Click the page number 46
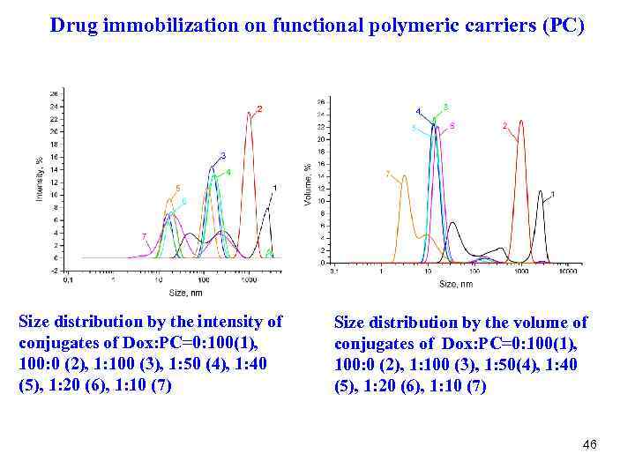(x=589, y=445)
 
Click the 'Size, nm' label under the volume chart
(x=456, y=284)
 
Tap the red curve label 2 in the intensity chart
(x=259, y=109)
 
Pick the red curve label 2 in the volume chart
(x=504, y=126)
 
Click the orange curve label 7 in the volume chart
(x=388, y=174)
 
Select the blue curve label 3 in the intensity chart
(x=223, y=156)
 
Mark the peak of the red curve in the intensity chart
(x=250, y=113)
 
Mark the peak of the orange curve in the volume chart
(x=404, y=176)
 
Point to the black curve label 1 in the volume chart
(x=552, y=193)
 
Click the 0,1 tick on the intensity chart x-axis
(x=66, y=280)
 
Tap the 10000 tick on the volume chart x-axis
(x=568, y=272)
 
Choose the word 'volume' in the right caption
(x=543, y=323)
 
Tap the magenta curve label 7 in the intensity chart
(x=144, y=236)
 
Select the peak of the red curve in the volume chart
(x=521, y=122)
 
